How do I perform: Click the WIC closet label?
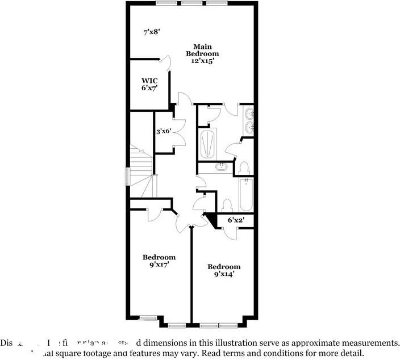pos(149,80)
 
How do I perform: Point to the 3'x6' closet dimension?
pos(164,131)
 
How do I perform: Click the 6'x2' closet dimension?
pos(236,220)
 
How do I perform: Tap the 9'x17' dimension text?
pos(159,265)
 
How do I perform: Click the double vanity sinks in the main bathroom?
pos(249,120)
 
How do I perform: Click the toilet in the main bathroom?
pos(244,169)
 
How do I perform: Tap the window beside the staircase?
pos(127,175)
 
